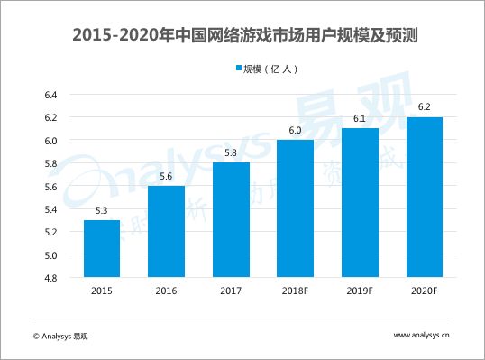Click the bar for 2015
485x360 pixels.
pos(102,248)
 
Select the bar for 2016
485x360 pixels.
pos(166,231)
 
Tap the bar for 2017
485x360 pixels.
pos(231,220)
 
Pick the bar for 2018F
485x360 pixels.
pos(295,208)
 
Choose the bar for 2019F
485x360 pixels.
pos(360,202)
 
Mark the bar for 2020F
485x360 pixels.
pos(425,197)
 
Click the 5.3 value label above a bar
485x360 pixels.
pos(102,210)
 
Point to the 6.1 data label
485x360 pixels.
pos(360,118)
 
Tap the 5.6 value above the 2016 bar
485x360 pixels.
pos(166,176)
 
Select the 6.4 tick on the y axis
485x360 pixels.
pos(51,95)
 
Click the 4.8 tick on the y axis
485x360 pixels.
pos(51,278)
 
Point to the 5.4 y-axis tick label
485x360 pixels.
pos(51,209)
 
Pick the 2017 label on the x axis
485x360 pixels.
pos(231,291)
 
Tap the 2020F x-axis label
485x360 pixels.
pos(424,291)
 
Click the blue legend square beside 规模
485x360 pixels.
pos(239,68)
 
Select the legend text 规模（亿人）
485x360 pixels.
pos(270,69)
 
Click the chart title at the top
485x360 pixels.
pos(245,35)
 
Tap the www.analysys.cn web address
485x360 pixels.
pos(421,335)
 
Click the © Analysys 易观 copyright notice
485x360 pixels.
pos(60,337)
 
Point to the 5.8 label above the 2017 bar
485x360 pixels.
pos(231,152)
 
